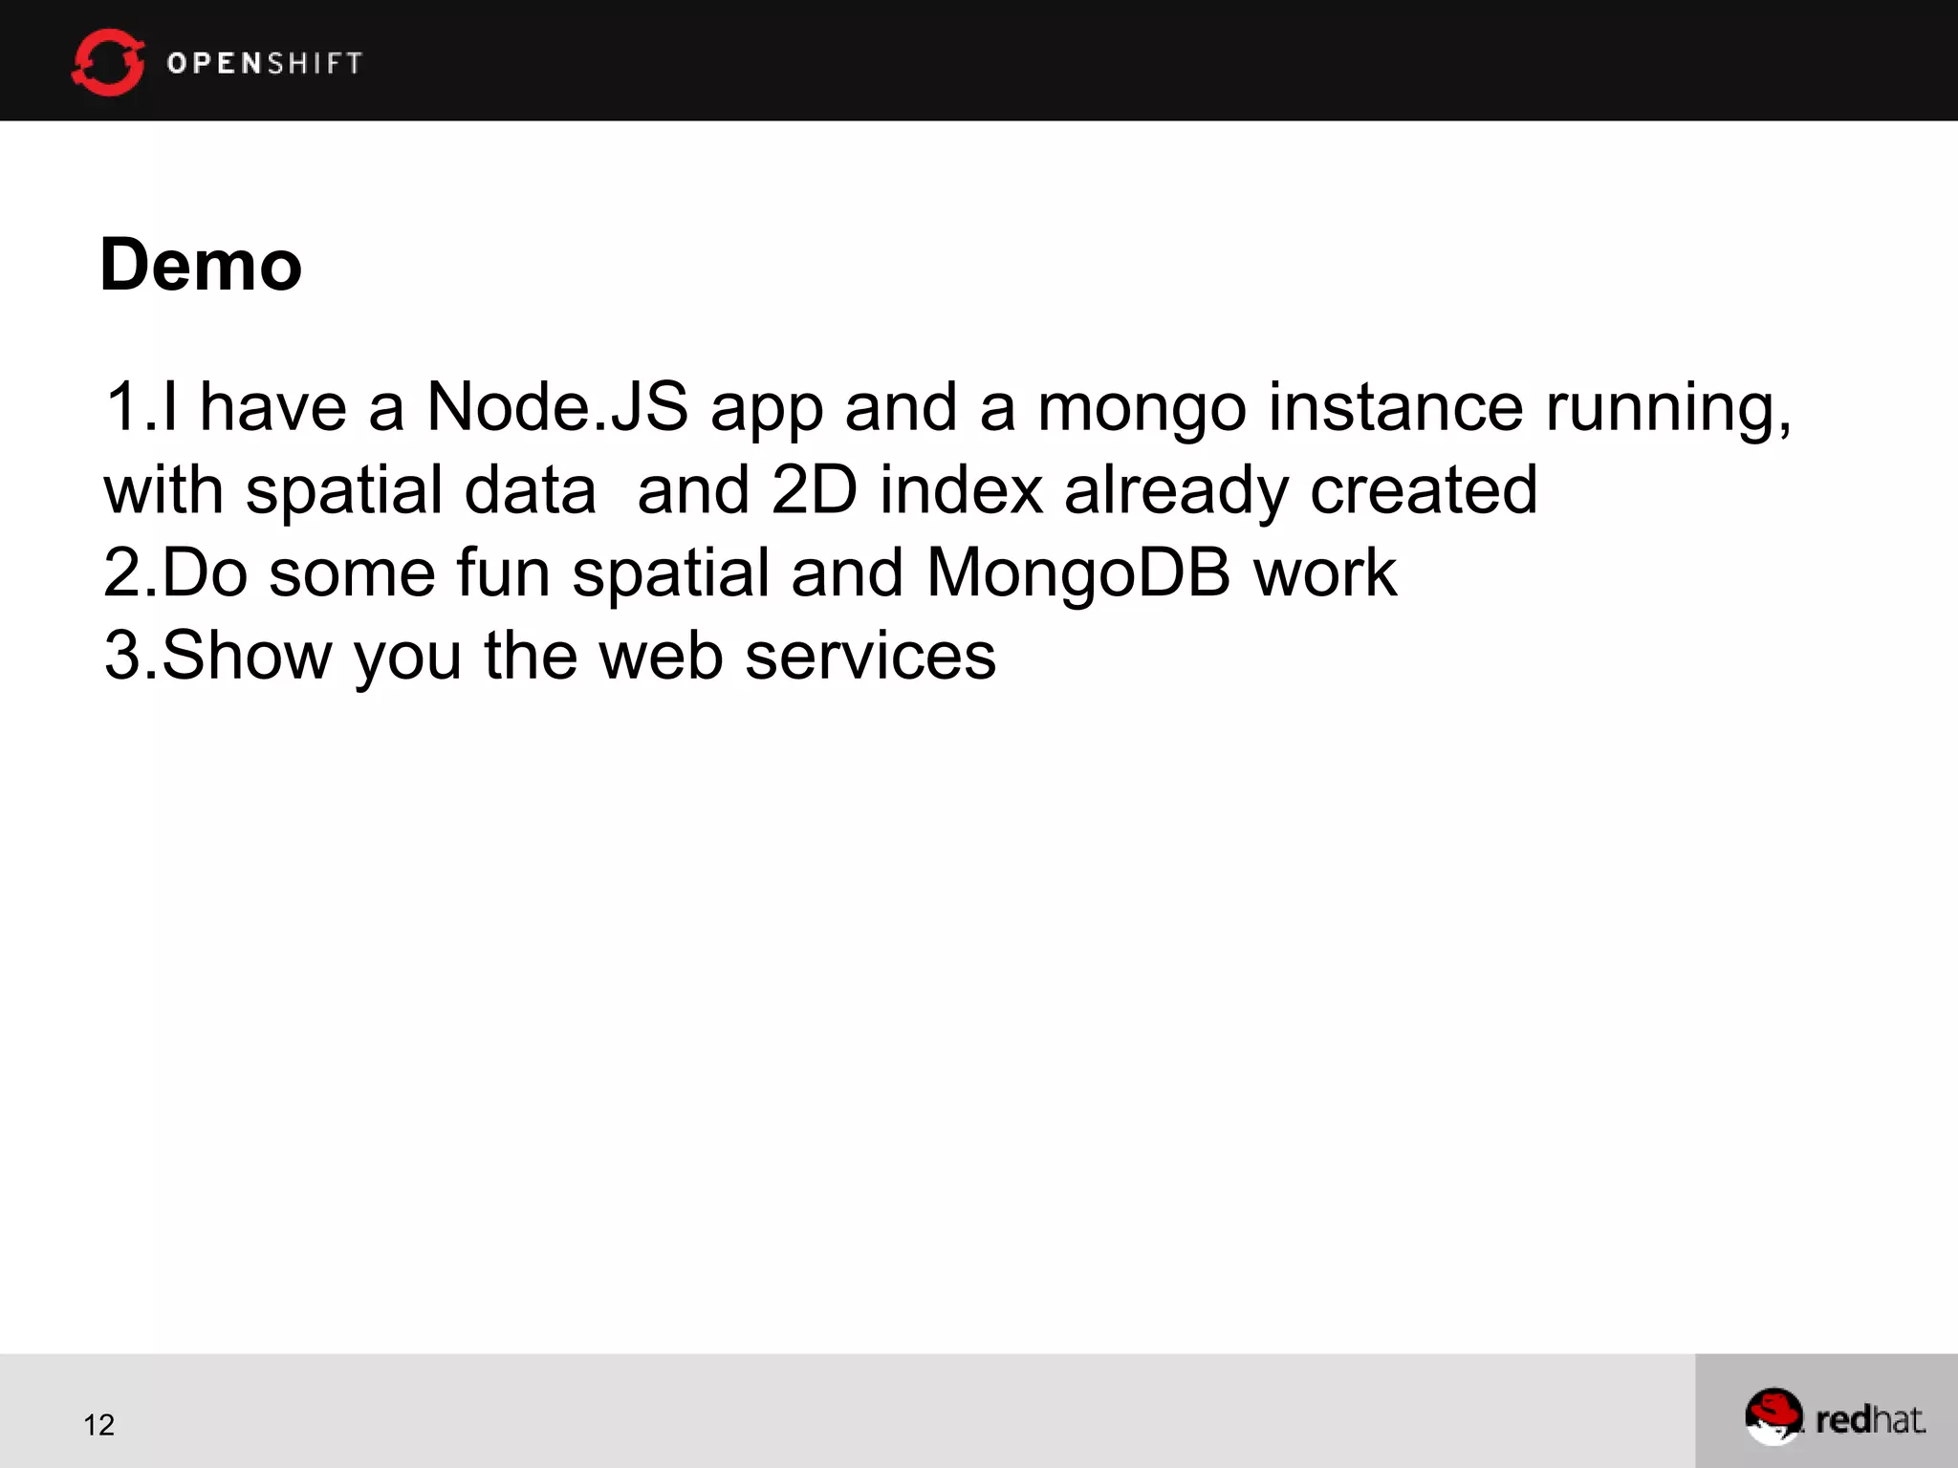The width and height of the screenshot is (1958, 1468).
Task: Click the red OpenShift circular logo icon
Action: [108, 62]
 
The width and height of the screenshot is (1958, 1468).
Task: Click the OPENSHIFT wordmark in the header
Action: [265, 63]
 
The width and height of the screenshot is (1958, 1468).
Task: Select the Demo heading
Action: [201, 265]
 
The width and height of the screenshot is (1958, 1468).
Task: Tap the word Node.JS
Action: [556, 407]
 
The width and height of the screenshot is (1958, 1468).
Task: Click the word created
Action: [1424, 489]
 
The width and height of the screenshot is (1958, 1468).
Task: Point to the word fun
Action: [503, 572]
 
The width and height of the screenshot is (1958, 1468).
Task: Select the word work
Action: [1325, 572]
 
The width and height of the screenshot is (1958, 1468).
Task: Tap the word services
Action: [870, 656]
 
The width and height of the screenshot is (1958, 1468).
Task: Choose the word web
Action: [660, 656]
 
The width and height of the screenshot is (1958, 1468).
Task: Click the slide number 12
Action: [98, 1425]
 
